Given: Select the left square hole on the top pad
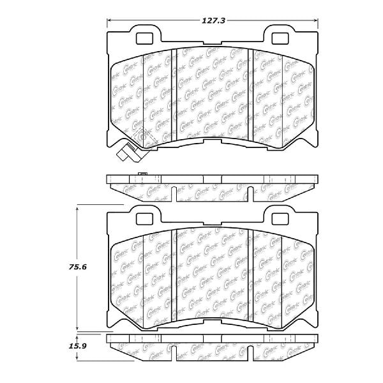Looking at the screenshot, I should [144, 37].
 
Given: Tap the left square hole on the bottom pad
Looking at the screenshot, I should [144, 218].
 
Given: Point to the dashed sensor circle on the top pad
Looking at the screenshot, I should [144, 136].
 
